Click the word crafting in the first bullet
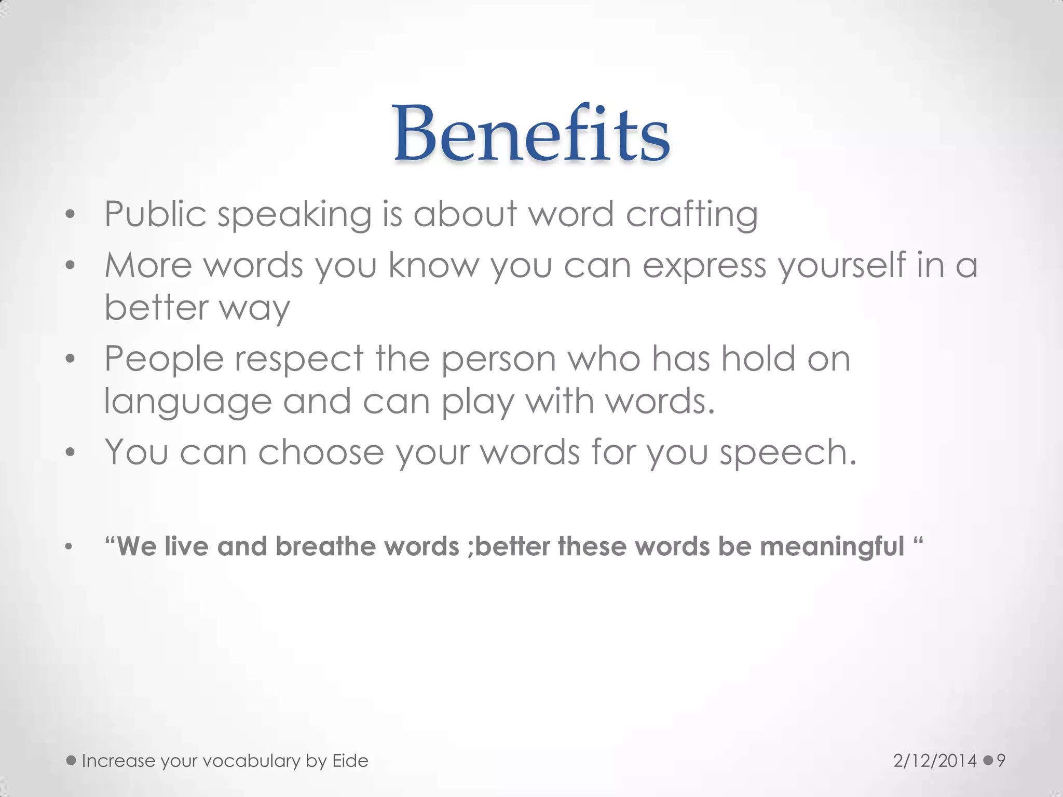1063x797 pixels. [691, 214]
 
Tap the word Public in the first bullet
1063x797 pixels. [155, 214]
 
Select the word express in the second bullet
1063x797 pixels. [704, 266]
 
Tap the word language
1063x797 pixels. [188, 402]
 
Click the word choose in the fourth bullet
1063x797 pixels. [321, 452]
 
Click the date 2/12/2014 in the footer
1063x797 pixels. [935, 761]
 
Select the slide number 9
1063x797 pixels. [1001, 761]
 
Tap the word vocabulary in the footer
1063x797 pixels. [251, 761]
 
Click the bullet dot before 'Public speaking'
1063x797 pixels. [71, 214]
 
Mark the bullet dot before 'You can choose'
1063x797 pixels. [71, 452]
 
